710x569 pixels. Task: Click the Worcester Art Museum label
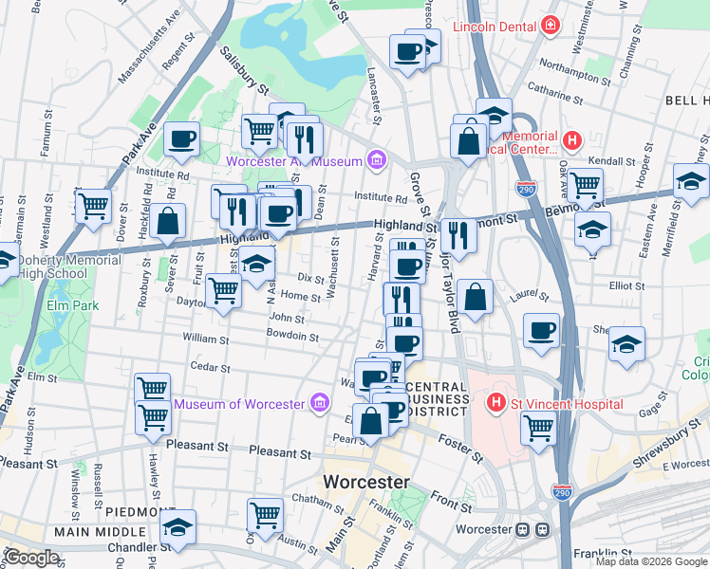click(293, 161)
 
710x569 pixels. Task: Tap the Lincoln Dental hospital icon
click(550, 27)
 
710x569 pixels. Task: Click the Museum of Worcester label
click(240, 405)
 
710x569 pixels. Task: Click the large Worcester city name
click(366, 482)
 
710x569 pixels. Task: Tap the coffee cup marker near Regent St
click(181, 139)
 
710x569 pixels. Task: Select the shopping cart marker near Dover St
click(94, 205)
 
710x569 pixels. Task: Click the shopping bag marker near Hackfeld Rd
click(168, 221)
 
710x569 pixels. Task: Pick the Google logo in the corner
click(31, 558)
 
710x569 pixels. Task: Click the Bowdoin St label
click(292, 336)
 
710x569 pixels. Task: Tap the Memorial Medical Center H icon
click(571, 142)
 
